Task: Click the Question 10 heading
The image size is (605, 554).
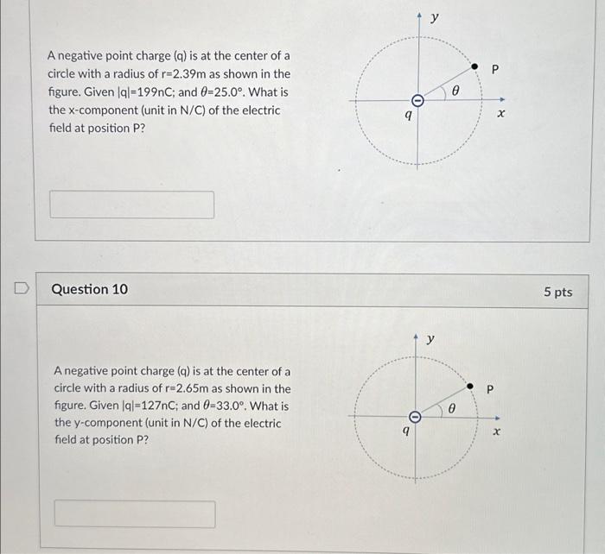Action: (90, 289)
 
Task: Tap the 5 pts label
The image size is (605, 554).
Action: (557, 292)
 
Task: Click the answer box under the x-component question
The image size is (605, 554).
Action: (132, 205)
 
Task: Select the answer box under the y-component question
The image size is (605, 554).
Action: (135, 513)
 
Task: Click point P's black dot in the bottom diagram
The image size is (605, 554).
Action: (469, 387)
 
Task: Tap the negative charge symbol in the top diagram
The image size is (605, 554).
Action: (417, 101)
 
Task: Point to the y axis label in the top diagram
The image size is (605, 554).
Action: (435, 17)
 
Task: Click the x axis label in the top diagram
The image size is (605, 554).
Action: (500, 113)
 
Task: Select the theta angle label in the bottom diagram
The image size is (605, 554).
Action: (451, 406)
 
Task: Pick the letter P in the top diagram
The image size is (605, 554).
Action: (495, 69)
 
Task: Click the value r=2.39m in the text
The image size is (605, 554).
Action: (207, 74)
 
